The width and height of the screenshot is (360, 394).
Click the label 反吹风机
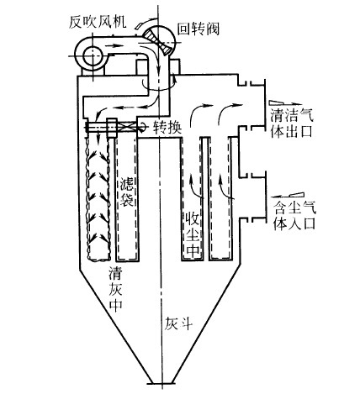98,23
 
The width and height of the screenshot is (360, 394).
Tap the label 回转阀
199,29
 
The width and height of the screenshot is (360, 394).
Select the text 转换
167,129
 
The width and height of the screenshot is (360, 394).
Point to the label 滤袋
126,192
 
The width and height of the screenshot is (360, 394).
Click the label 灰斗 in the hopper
178,324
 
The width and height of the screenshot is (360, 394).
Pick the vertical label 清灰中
116,290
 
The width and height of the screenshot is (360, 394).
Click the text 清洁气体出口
292,123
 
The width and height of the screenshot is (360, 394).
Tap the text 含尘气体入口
294,216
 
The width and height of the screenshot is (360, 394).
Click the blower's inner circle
92,55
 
